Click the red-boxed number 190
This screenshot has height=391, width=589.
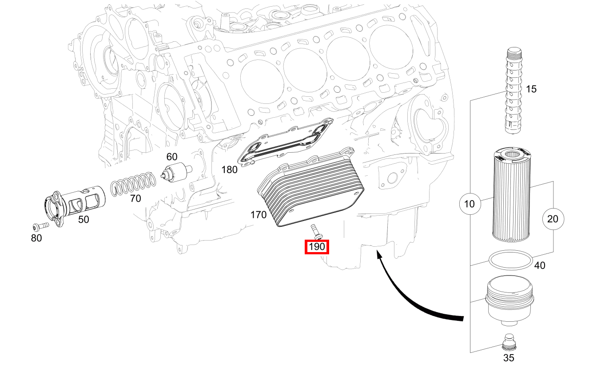[316, 246]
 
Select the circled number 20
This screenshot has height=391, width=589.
[553, 219]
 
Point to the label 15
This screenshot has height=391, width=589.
[531, 89]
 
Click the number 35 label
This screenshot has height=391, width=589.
[509, 358]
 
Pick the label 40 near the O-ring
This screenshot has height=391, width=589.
[539, 265]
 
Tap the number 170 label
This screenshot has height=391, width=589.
[259, 215]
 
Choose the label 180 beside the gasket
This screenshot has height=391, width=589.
[229, 170]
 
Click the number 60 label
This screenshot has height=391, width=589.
[172, 157]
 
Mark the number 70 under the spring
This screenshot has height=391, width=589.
[135, 199]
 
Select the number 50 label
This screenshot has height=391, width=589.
[84, 219]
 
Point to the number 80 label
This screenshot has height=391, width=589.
[36, 238]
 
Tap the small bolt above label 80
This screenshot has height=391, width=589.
[41, 225]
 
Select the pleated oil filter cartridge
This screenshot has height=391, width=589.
[512, 195]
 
